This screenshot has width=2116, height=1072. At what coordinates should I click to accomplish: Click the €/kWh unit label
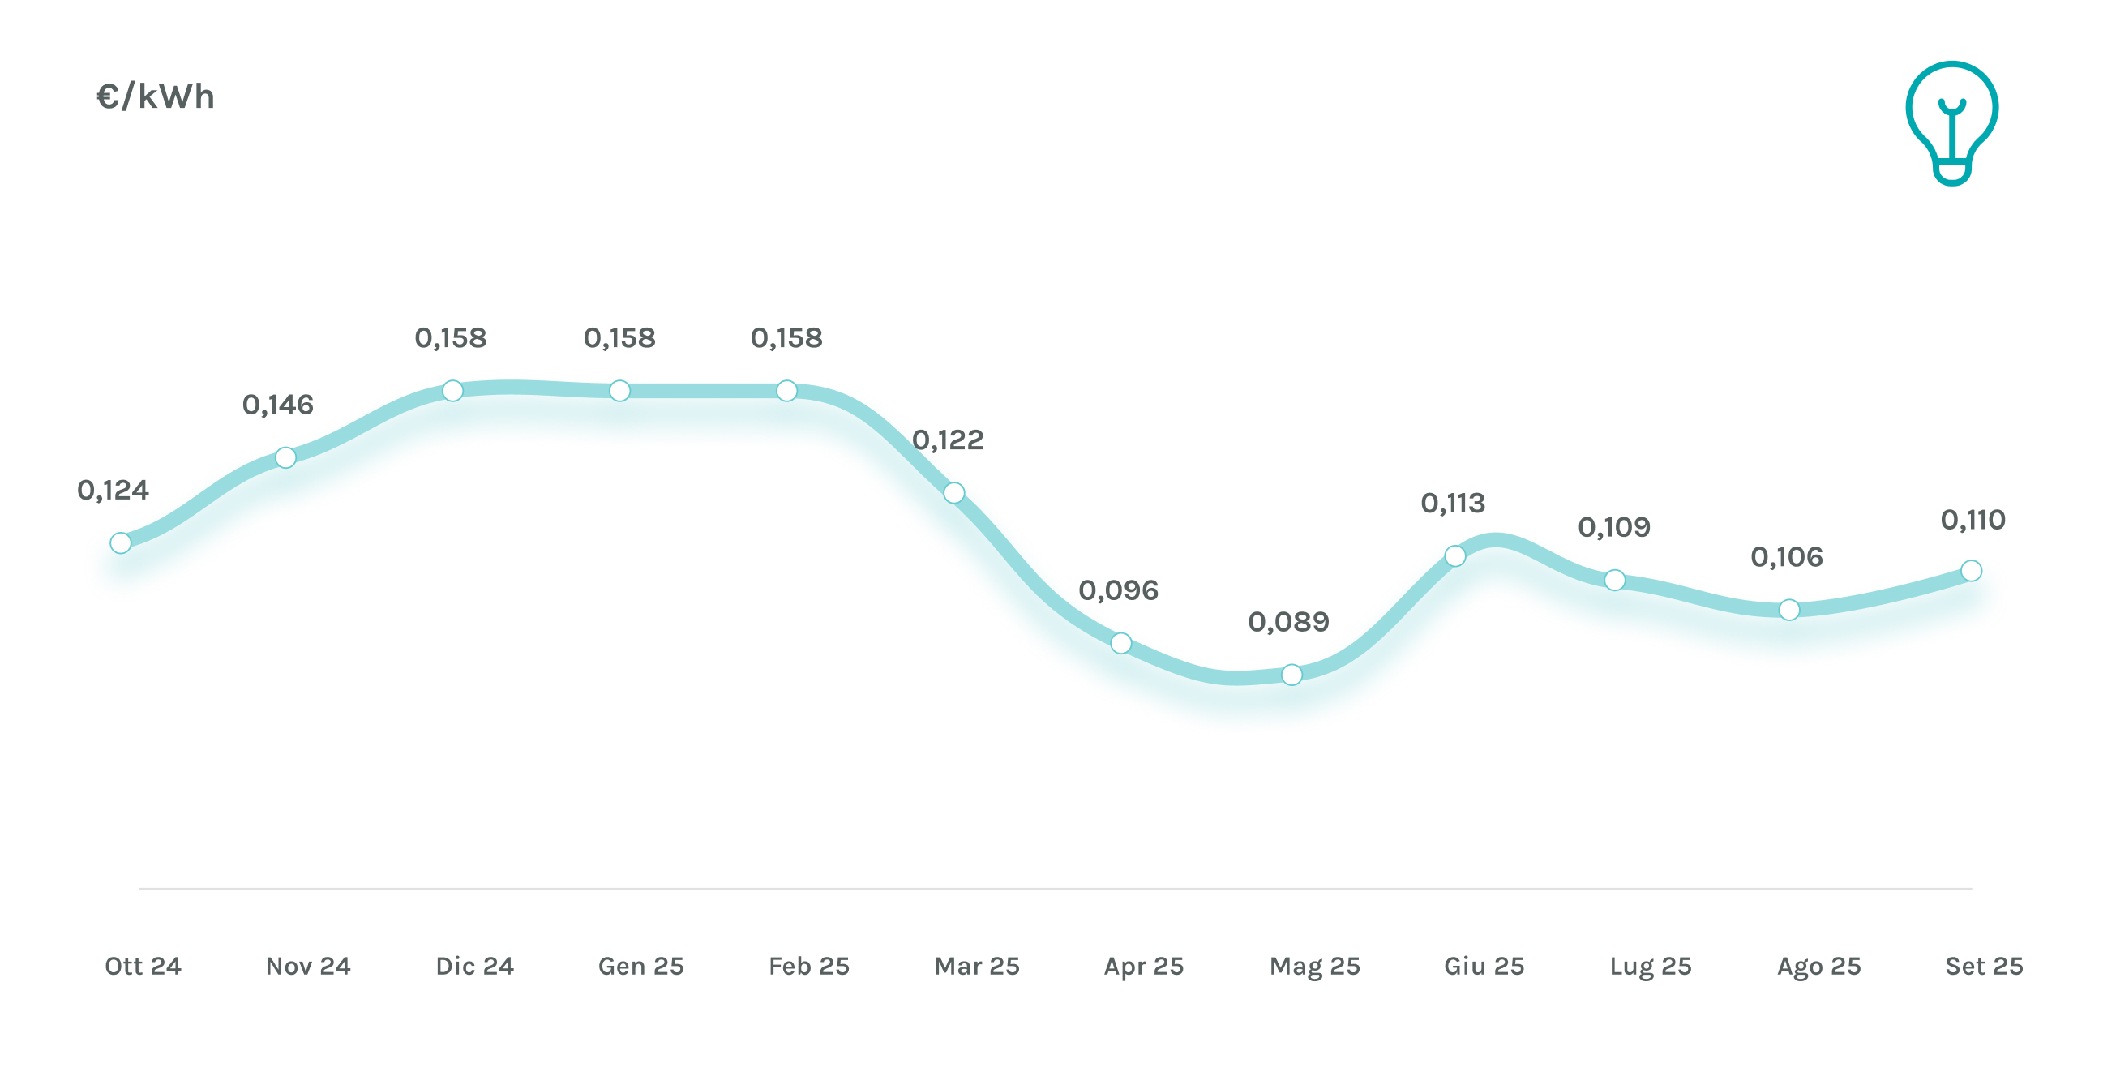point(155,97)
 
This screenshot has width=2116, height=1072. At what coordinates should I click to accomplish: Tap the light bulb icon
point(1951,122)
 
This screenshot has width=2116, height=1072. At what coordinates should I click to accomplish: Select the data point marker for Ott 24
point(121,543)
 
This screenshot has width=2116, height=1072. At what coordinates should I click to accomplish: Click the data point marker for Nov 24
point(285,457)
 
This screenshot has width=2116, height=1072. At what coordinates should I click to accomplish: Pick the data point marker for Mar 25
point(953,493)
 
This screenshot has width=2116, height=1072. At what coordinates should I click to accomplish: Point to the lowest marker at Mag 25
point(1291,675)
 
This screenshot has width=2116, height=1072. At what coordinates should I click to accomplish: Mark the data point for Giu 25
point(1454,556)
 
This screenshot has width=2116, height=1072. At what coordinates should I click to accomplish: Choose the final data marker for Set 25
point(1972,570)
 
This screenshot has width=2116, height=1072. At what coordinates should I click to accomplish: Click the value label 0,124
point(113,491)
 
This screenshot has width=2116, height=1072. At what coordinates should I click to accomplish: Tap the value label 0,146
point(277,405)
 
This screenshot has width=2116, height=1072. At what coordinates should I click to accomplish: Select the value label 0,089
point(1288,622)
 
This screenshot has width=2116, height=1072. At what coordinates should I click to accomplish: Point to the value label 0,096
point(1118,590)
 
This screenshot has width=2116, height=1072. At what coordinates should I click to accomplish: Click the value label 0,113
point(1453,504)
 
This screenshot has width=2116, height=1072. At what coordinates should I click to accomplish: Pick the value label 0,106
point(1787,558)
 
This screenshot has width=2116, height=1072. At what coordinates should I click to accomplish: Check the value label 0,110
point(1973,520)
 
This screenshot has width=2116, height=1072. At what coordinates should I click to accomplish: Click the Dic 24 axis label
point(475,966)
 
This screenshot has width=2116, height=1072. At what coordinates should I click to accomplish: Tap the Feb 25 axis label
point(808,966)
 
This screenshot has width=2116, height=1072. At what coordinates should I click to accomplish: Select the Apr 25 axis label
point(1143,966)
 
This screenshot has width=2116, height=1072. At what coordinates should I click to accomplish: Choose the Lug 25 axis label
point(1651,966)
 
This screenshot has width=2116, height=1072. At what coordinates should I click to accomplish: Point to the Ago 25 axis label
point(1818,966)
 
